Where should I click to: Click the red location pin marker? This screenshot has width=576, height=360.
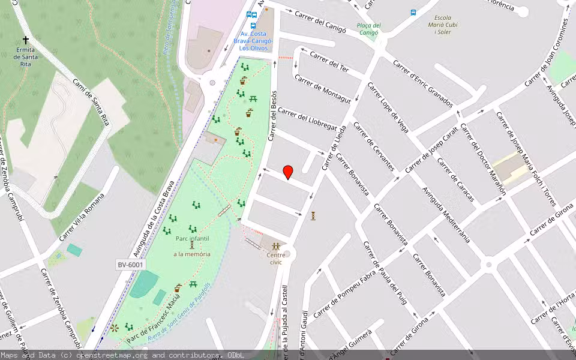[288, 172]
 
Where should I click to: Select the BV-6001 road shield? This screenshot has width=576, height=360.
[130, 265]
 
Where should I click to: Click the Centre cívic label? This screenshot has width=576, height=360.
[275, 258]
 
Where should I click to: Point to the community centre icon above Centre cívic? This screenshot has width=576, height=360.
[276, 246]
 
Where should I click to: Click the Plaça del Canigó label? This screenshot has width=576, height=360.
[368, 28]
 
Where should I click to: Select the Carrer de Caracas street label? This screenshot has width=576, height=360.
[455, 179]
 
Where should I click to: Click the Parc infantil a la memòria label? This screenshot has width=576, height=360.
[192, 247]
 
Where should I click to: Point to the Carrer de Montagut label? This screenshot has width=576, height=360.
[322, 89]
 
